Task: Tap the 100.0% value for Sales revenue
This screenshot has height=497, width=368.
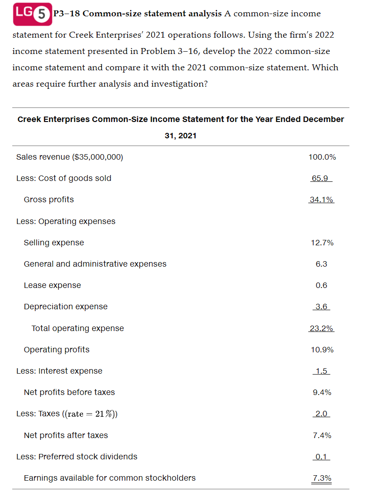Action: point(322,157)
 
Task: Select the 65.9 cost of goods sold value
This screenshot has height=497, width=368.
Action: point(320,178)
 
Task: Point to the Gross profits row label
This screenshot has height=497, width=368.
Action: point(49,200)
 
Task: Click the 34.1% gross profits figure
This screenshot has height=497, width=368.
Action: point(321,200)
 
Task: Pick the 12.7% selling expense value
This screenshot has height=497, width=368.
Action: point(322,243)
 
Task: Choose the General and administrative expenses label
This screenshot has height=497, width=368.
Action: point(95,264)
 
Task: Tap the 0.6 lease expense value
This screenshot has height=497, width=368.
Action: point(321,285)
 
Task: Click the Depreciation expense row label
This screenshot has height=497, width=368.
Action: point(65,307)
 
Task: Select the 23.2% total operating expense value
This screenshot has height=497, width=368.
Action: point(321,328)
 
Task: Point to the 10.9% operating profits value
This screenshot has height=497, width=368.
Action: point(322,350)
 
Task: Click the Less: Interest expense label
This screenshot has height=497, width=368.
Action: point(59,371)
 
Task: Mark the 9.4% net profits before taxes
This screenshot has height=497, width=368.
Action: point(322,392)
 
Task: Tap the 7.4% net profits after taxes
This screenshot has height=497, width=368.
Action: point(322,435)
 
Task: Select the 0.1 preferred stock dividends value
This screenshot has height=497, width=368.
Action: point(321,457)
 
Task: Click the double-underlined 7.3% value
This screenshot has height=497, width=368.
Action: point(322,478)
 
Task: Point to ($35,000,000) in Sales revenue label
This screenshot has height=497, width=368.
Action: point(97,157)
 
